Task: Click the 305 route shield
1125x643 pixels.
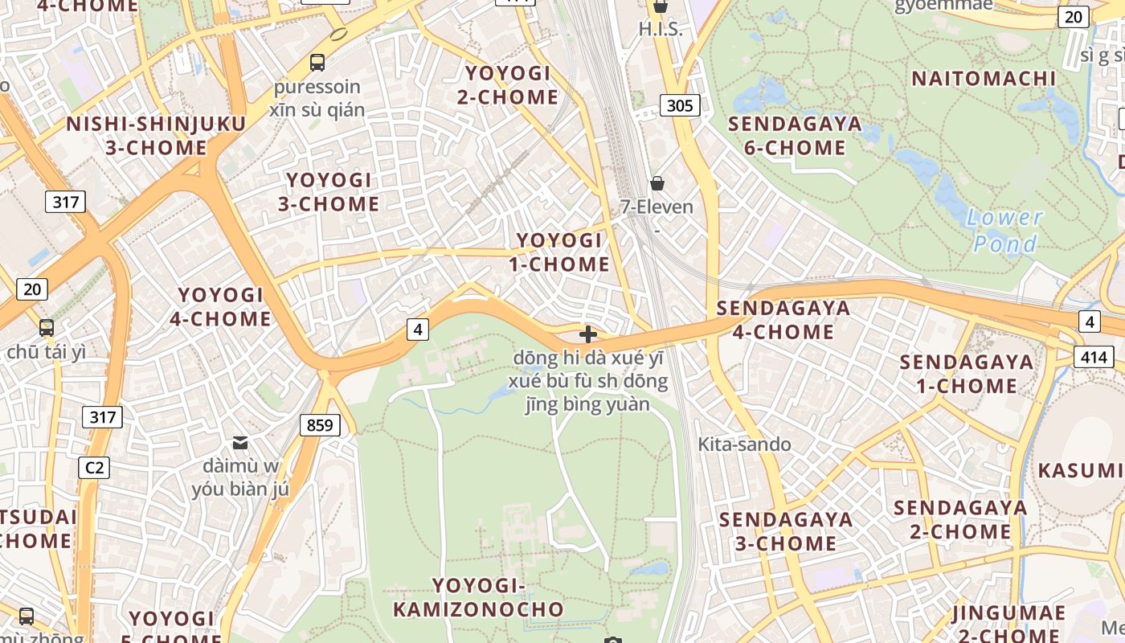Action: point(680,105)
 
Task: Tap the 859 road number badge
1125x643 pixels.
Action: point(320,424)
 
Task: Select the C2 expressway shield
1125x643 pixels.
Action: point(94,467)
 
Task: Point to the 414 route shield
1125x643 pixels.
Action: point(1093,357)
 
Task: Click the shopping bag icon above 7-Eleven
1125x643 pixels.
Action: point(657,183)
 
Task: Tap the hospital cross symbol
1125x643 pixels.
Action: point(588,334)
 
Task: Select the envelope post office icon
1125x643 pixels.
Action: point(240,442)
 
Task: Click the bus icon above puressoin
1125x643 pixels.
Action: point(317,62)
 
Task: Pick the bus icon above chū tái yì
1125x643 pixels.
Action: point(47,327)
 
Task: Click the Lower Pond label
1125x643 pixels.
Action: point(1005,231)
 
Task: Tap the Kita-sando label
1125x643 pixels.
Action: point(744,444)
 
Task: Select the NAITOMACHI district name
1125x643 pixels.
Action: point(984,79)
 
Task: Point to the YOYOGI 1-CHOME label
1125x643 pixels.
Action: point(559,252)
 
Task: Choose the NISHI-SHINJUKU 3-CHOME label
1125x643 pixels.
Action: point(156,136)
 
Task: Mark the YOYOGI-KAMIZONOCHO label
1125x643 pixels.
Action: point(478,597)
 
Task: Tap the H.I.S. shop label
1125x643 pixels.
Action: point(660,30)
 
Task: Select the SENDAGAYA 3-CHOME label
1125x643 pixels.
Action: point(786,531)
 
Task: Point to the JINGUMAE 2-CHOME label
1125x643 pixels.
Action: point(1008,624)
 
